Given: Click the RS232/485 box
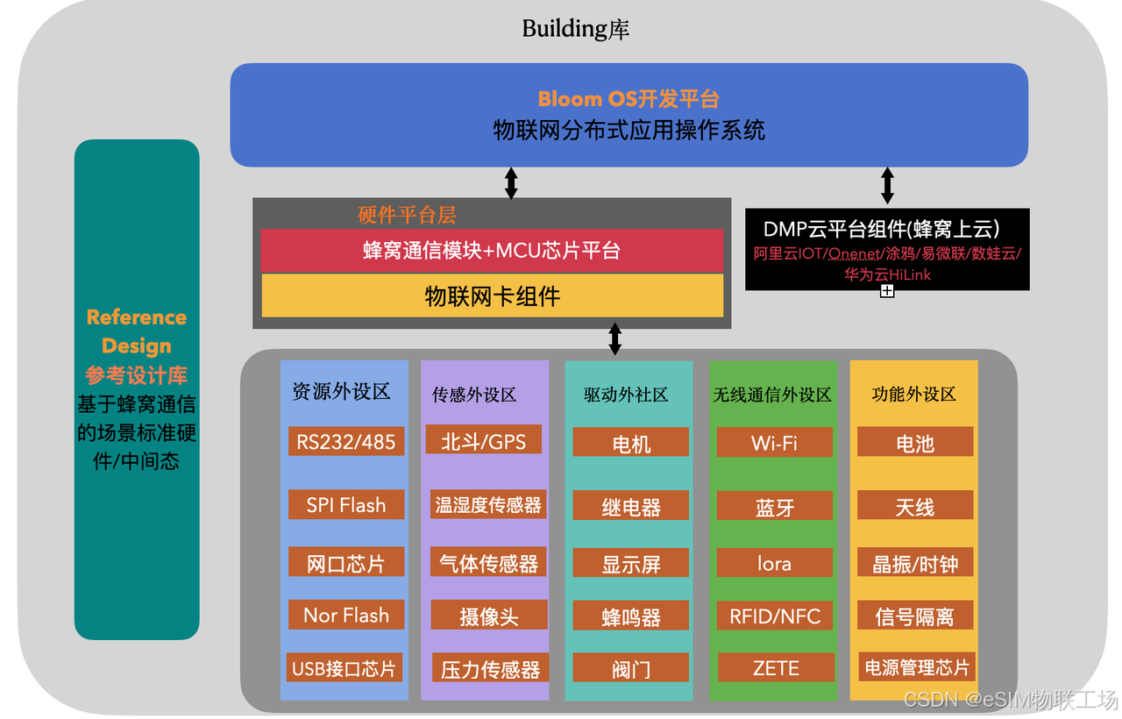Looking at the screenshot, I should pyautogui.click(x=346, y=441).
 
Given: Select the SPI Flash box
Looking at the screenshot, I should pyautogui.click(x=346, y=505).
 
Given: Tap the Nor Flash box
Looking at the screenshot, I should pyautogui.click(x=346, y=616).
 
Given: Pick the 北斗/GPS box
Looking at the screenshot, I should pyautogui.click(x=483, y=440).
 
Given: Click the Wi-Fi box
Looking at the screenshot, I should pyautogui.click(x=774, y=443).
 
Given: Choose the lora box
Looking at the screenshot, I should pyautogui.click(x=774, y=564).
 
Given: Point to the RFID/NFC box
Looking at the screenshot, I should pyautogui.click(x=775, y=616).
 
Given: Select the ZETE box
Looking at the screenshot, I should pyautogui.click(x=776, y=668).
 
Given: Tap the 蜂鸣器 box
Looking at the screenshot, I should pyautogui.click(x=631, y=617).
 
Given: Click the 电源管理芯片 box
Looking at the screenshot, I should pyautogui.click(x=916, y=667).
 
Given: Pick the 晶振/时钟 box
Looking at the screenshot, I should pyautogui.click(x=915, y=565).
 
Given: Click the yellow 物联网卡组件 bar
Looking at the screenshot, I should pyautogui.click(x=492, y=296).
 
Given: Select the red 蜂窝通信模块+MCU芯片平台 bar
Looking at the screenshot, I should pyautogui.click(x=492, y=251).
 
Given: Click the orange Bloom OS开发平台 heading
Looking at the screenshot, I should pyautogui.click(x=628, y=98).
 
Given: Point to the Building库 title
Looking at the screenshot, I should pyautogui.click(x=576, y=29).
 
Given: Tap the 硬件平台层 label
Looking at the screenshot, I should pyautogui.click(x=407, y=215).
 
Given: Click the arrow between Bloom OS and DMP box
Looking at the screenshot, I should pyautogui.click(x=887, y=186).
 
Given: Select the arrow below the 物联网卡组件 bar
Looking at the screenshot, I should pyautogui.click(x=614, y=338).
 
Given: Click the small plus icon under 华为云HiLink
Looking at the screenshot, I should pyautogui.click(x=887, y=291).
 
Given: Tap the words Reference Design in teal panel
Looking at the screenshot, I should pyautogui.click(x=137, y=331).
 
